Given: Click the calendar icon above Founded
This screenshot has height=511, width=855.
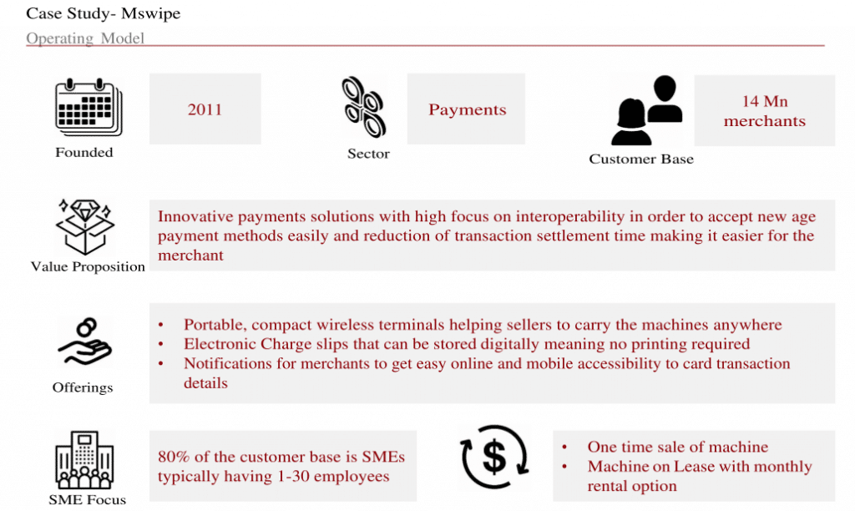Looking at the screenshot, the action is (89, 108).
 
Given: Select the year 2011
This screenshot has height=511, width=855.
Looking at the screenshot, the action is (205, 109).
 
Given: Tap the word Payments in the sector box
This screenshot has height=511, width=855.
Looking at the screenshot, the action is (468, 109).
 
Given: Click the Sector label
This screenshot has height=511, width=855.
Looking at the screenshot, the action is (368, 154).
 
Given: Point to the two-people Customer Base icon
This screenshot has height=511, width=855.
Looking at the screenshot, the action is (647, 110).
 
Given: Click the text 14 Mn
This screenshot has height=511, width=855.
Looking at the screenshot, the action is (765, 101).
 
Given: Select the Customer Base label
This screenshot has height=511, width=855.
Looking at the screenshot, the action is (641, 159).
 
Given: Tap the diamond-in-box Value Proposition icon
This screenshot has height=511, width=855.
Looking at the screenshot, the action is (85, 226).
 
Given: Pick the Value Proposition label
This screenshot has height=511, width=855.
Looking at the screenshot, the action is (88, 266).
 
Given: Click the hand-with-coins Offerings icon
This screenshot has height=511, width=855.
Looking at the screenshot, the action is (85, 342).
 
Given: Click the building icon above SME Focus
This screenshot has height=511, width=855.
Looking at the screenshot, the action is (84, 460).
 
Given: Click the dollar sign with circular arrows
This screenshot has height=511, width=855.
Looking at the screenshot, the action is (494, 457).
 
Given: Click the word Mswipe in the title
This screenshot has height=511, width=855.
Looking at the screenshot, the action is (150, 13).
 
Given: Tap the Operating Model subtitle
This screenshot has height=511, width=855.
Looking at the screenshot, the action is (85, 38).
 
